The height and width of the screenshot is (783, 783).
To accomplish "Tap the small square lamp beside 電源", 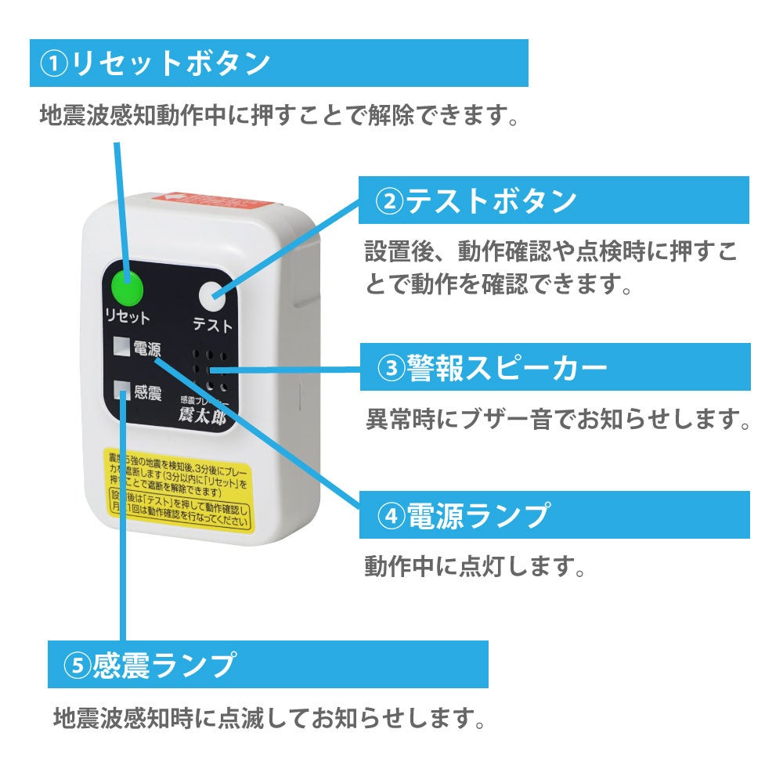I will [x=121, y=346].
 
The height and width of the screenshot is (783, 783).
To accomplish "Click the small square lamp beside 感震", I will [x=121, y=388].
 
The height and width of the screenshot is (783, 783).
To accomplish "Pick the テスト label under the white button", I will [x=212, y=323].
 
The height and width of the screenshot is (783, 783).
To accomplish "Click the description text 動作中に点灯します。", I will [x=474, y=566].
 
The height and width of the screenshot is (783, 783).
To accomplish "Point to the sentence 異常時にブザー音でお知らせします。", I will [x=557, y=420].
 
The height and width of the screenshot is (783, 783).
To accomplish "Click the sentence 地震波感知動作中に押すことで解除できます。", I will [x=279, y=117].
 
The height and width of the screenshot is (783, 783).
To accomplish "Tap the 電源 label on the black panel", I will [x=149, y=348].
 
